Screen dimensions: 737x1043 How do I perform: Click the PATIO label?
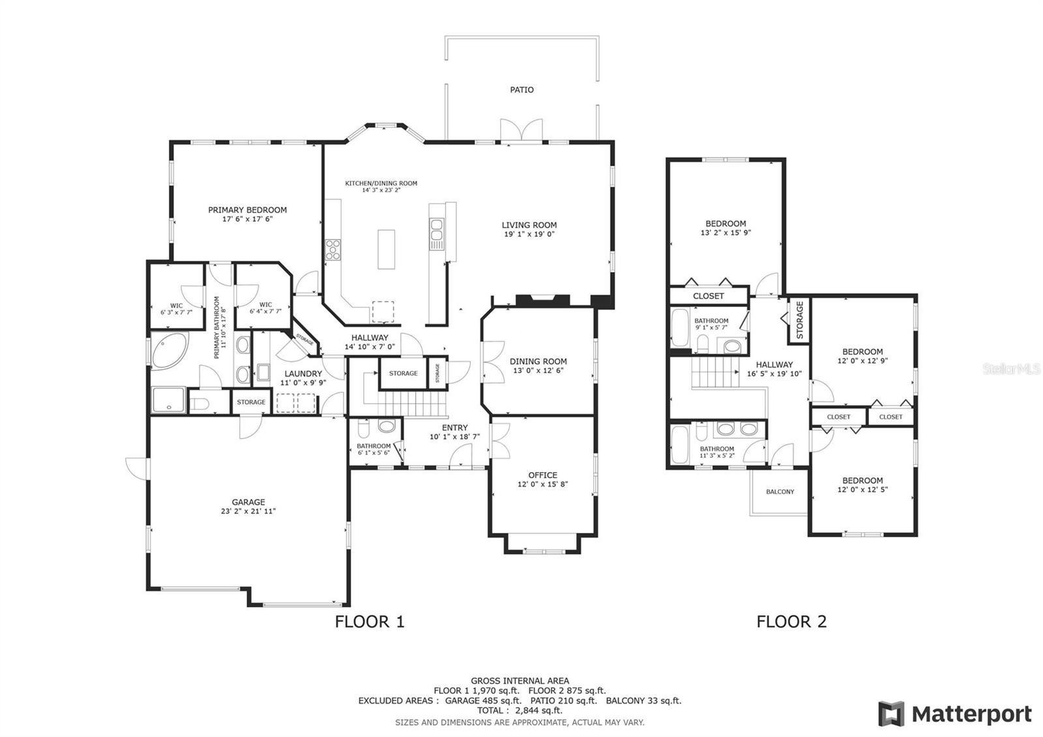(521, 90)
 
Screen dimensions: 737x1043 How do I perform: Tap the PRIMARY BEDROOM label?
(247, 210)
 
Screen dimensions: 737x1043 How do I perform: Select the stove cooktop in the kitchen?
(333, 250)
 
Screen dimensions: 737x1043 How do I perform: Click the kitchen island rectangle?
(387, 248)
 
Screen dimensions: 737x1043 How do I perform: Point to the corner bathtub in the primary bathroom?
(168, 351)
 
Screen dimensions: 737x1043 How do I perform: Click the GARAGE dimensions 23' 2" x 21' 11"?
(248, 511)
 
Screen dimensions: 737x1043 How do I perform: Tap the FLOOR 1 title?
(370, 622)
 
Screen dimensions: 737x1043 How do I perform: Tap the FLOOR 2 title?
(791, 622)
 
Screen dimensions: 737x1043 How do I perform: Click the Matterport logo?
(956, 714)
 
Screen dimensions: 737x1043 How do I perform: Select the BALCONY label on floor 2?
(780, 492)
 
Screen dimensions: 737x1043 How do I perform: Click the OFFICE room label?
(542, 475)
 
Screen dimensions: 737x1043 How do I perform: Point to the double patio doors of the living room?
(521, 130)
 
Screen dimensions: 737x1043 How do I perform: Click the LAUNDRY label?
(303, 374)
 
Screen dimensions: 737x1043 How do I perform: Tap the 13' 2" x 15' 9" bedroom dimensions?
(726, 232)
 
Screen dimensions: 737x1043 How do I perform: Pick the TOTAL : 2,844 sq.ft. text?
(520, 711)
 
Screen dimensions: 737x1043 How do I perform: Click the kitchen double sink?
(436, 232)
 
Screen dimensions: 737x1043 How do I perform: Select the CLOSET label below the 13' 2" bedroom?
(709, 296)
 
